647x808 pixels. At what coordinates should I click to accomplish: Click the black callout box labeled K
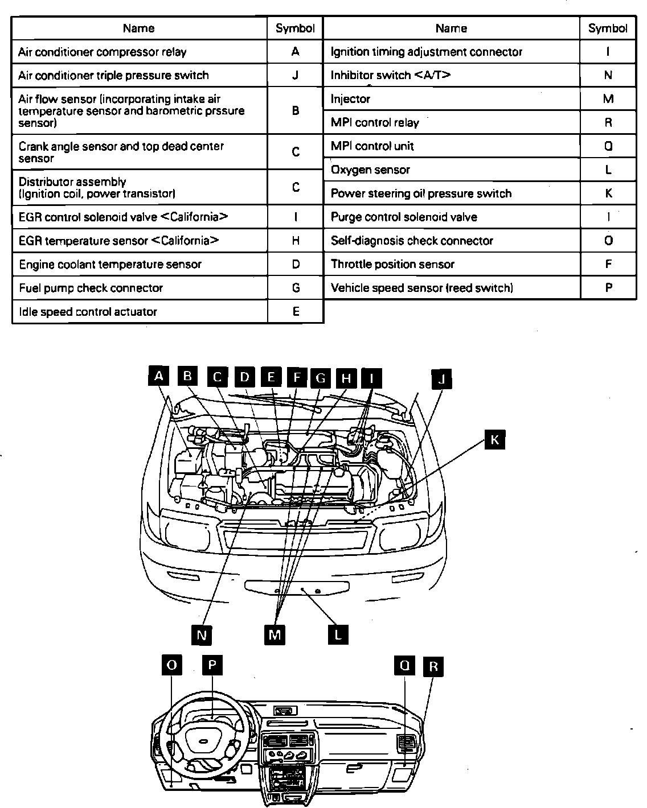pyautogui.click(x=495, y=439)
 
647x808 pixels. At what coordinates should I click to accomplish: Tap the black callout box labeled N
pyautogui.click(x=202, y=634)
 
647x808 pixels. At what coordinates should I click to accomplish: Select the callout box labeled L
pyautogui.click(x=338, y=634)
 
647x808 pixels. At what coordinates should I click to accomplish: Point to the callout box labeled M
pyautogui.click(x=275, y=634)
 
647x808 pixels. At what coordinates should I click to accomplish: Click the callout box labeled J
pyautogui.click(x=441, y=378)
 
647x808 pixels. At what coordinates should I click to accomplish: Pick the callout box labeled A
pyautogui.click(x=159, y=376)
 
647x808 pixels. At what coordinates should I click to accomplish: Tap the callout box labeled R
pyautogui.click(x=433, y=666)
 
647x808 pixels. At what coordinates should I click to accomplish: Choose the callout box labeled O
pyautogui.click(x=172, y=665)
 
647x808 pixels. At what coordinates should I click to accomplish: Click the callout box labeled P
pyautogui.click(x=212, y=665)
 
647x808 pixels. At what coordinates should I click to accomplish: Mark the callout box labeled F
pyautogui.click(x=296, y=377)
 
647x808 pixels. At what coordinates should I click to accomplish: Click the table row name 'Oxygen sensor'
pyautogui.click(x=371, y=170)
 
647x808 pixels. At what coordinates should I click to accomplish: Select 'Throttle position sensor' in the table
pyautogui.click(x=392, y=264)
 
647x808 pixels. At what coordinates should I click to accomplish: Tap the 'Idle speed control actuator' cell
pyautogui.click(x=88, y=311)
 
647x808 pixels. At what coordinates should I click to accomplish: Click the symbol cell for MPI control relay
pyautogui.click(x=608, y=122)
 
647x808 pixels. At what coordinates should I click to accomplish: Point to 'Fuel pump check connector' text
pyautogui.click(x=91, y=288)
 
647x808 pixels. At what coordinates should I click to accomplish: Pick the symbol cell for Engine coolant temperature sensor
pyautogui.click(x=295, y=264)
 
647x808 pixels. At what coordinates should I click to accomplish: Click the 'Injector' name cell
pyautogui.click(x=350, y=99)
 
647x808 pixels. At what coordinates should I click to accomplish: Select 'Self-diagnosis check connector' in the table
pyautogui.click(x=412, y=241)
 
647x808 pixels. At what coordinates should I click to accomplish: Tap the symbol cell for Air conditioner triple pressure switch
pyautogui.click(x=295, y=75)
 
